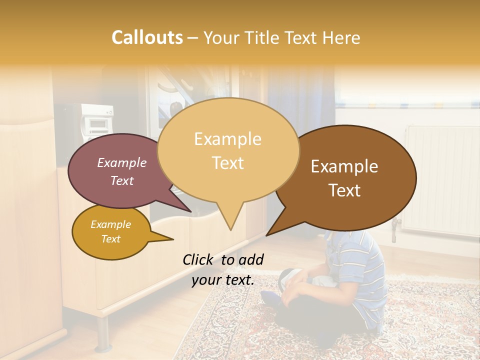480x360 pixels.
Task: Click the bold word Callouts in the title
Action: (x=147, y=37)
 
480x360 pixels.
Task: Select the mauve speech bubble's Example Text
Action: (x=122, y=171)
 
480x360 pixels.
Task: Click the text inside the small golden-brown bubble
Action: (x=110, y=231)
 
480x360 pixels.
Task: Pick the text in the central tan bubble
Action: (x=227, y=150)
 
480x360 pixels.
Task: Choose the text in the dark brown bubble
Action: (x=344, y=178)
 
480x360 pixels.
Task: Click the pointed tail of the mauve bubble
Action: (x=191, y=211)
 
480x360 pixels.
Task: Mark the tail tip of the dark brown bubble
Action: (x=267, y=235)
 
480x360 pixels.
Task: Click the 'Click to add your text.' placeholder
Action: (x=223, y=269)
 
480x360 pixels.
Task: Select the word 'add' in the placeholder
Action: (x=251, y=259)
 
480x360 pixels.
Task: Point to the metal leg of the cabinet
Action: (x=103, y=332)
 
